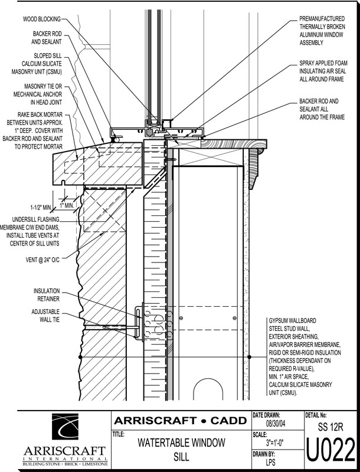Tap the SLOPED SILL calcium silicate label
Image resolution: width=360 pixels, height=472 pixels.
pyautogui.click(x=42, y=64)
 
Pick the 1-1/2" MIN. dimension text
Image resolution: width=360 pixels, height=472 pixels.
pyautogui.click(x=41, y=208)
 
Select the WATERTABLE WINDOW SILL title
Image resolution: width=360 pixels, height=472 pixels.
pyautogui.click(x=180, y=449)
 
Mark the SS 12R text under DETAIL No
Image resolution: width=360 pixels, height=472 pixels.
pyautogui.click(x=330, y=426)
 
